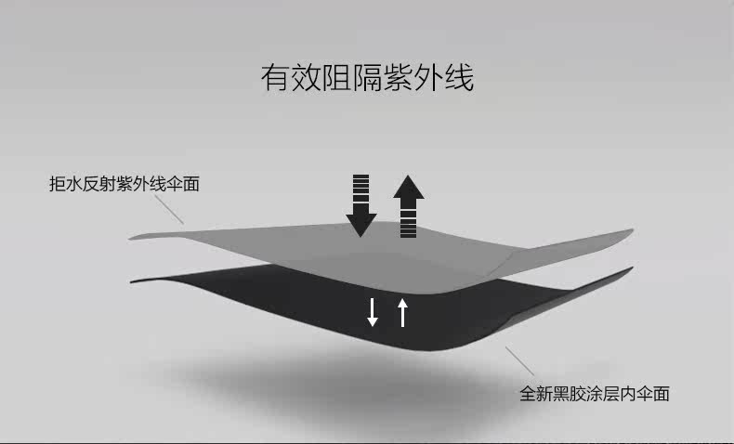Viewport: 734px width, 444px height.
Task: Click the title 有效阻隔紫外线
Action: click(x=366, y=78)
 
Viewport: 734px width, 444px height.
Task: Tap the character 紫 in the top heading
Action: click(x=398, y=78)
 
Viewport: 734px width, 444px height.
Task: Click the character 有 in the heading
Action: click(x=275, y=78)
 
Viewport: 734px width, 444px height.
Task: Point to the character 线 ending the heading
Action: click(x=459, y=78)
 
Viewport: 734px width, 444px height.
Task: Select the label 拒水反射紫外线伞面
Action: click(x=124, y=184)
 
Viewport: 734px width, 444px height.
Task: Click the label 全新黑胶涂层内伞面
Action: click(x=594, y=393)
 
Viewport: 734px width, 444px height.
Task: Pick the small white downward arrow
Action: click(x=373, y=311)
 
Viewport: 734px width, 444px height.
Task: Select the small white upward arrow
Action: click(x=402, y=311)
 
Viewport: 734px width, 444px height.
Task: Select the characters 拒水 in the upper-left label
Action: click(x=66, y=184)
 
